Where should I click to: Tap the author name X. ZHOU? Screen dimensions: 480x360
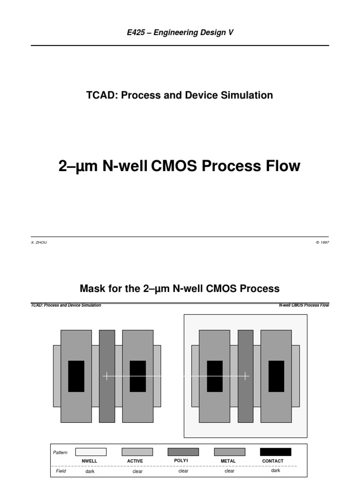coord(38,243)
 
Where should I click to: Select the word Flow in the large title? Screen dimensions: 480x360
coord(279,166)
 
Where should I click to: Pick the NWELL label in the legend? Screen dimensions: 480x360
coord(90,461)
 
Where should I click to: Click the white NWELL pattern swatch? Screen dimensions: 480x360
coord(90,452)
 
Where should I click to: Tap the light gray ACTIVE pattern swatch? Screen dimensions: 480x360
coord(137,452)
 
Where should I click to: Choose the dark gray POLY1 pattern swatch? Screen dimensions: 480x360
coord(183,452)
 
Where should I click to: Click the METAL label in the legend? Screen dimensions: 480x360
coord(228,461)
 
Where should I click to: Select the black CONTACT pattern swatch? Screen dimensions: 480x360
coord(276,452)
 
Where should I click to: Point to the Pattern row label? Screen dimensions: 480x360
coord(60,452)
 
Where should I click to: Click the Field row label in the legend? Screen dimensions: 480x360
coord(61,471)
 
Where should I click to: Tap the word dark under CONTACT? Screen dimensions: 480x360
coord(276,470)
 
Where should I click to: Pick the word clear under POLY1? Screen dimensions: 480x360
coord(184,471)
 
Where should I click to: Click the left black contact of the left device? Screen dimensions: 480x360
coord(76,376)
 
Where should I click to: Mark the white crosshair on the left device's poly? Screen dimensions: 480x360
coord(107,376)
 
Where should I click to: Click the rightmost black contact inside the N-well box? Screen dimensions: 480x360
coord(276,376)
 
